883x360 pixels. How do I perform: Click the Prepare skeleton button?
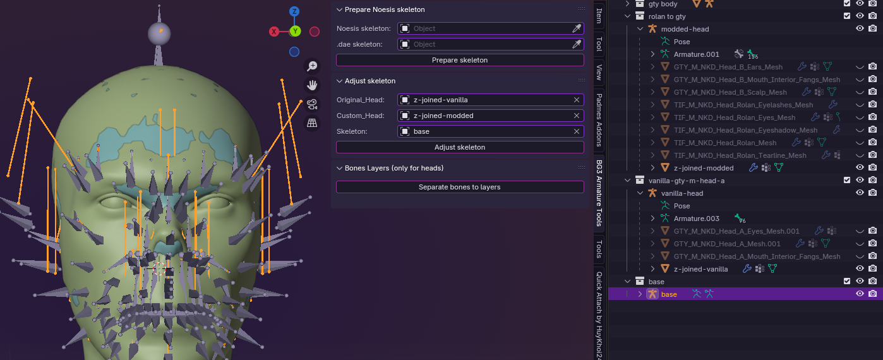coord(459,60)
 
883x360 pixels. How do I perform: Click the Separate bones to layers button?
coord(459,187)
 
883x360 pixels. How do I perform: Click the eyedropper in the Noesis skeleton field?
coord(576,28)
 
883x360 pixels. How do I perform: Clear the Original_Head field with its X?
coord(576,100)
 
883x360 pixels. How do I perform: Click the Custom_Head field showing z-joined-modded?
coord(486,116)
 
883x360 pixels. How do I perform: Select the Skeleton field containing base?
coord(486,131)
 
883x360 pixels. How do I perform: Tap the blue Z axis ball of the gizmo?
coord(294,12)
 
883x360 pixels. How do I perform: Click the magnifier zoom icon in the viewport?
coord(311,66)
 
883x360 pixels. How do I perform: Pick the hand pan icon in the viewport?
coord(311,85)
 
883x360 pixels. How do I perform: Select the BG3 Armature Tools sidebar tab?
coord(599,193)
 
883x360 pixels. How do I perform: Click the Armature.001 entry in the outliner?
coord(696,54)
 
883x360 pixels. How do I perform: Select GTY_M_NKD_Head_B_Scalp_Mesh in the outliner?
coord(730,92)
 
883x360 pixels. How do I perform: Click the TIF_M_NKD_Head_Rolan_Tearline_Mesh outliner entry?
coord(740,155)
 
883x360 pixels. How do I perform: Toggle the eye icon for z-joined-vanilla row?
coord(860,269)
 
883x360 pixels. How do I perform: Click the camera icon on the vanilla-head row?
coord(872,193)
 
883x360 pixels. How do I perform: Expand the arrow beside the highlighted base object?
coord(640,294)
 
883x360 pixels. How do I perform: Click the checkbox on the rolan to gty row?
coord(847,16)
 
